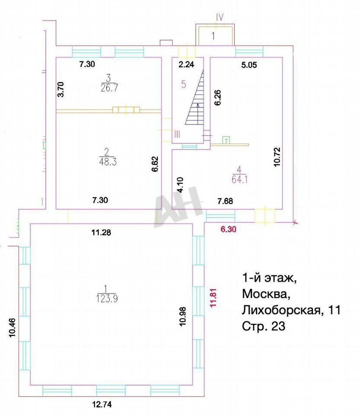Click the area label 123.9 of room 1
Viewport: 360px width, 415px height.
click(107, 299)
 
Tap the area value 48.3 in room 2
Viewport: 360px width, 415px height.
click(107, 161)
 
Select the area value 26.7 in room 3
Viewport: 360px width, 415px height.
click(109, 88)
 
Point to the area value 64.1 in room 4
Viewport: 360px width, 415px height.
click(239, 179)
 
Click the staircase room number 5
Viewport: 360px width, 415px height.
click(184, 84)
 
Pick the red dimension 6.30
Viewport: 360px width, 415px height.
click(228, 229)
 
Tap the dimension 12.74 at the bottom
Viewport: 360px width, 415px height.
click(102, 405)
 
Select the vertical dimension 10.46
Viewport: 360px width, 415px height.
click(13, 328)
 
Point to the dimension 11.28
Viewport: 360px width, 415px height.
click(101, 233)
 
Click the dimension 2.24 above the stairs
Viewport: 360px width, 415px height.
click(186, 64)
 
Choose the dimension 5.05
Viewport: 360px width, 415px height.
click(249, 65)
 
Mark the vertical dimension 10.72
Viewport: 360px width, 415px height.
click(277, 156)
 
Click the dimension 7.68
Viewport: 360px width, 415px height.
click(225, 201)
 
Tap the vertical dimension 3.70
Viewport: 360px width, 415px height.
click(61, 89)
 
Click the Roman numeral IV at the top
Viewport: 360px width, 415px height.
click(220, 17)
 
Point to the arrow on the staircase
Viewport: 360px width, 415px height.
click(198, 114)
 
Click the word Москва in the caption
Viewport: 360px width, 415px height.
click(265, 294)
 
